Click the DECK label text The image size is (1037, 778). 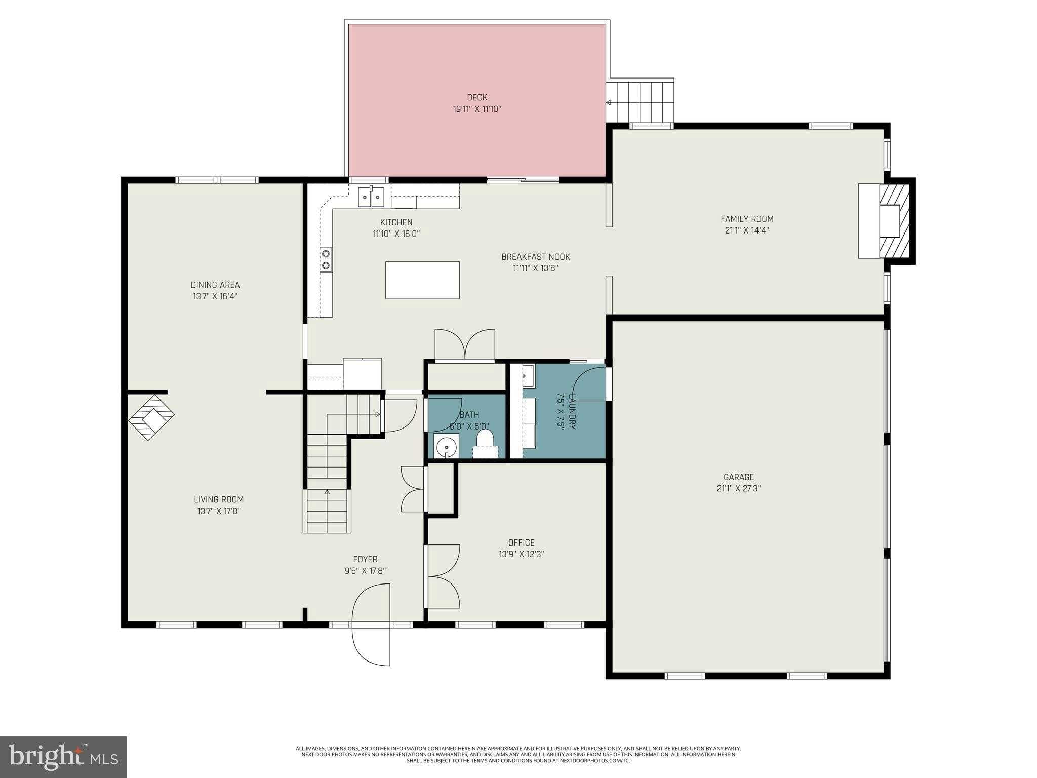[476, 97]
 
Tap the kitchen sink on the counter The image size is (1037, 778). [371, 197]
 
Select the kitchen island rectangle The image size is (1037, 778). [422, 280]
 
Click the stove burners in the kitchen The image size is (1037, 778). [326, 259]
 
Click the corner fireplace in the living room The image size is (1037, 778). [151, 417]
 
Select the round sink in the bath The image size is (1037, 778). [446, 447]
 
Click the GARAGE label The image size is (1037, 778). [738, 477]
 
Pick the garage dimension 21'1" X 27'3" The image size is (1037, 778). [738, 488]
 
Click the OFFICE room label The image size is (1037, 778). [521, 542]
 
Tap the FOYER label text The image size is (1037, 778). [365, 559]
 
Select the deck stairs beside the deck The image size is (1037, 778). [641, 101]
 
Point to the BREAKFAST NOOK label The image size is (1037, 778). [535, 257]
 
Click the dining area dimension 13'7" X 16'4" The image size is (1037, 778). [215, 296]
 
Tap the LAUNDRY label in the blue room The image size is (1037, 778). [573, 411]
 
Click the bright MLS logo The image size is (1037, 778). [63, 757]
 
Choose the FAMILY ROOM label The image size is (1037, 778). [747, 219]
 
